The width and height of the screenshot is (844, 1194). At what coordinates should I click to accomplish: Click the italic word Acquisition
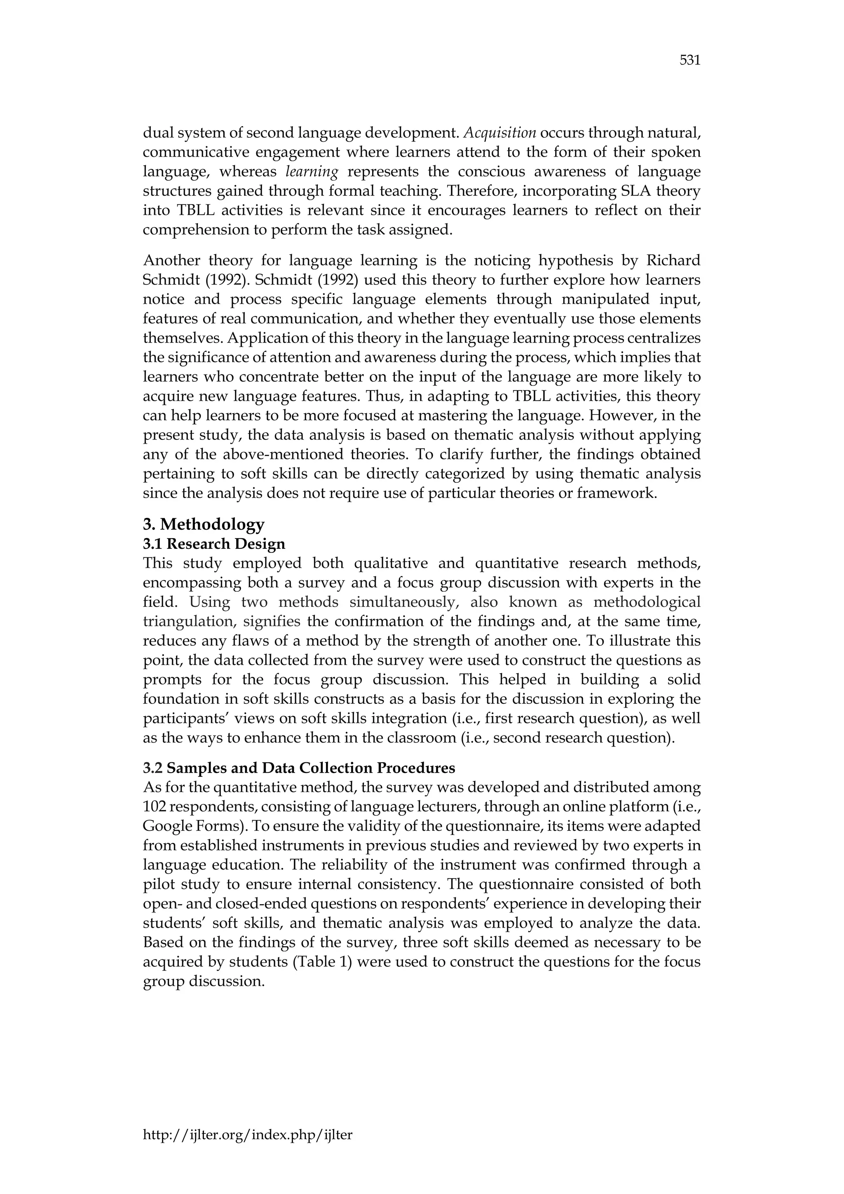499,133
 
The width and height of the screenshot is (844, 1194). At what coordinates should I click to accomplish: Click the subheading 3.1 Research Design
214,544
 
